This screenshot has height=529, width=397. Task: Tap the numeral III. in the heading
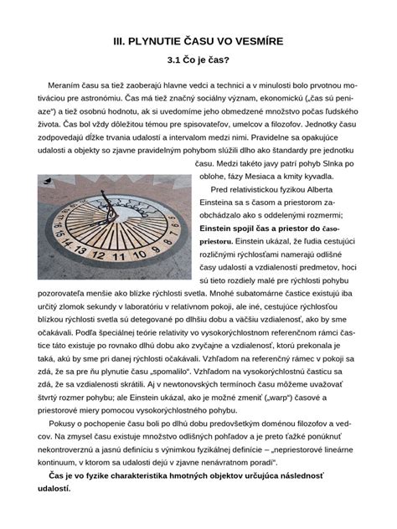[x=120, y=40]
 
